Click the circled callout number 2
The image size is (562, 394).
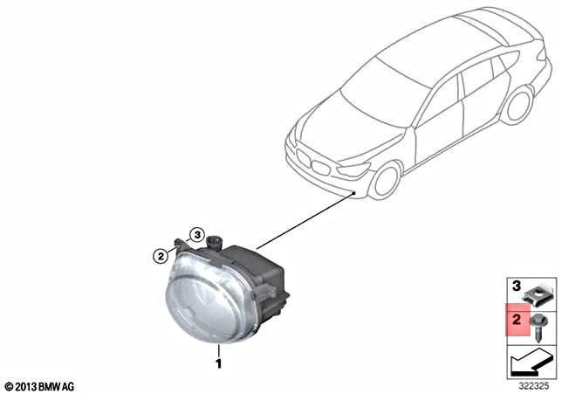pyautogui.click(x=159, y=256)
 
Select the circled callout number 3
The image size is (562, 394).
pyautogui.click(x=197, y=235)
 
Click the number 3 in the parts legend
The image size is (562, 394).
pyautogui.click(x=515, y=287)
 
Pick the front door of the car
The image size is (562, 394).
pyautogui.click(x=436, y=122)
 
